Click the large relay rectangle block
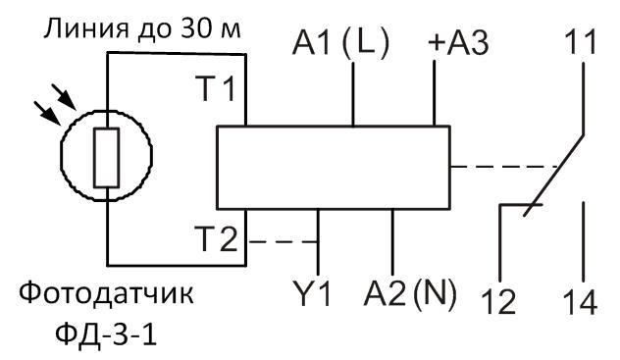(x=331, y=167)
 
